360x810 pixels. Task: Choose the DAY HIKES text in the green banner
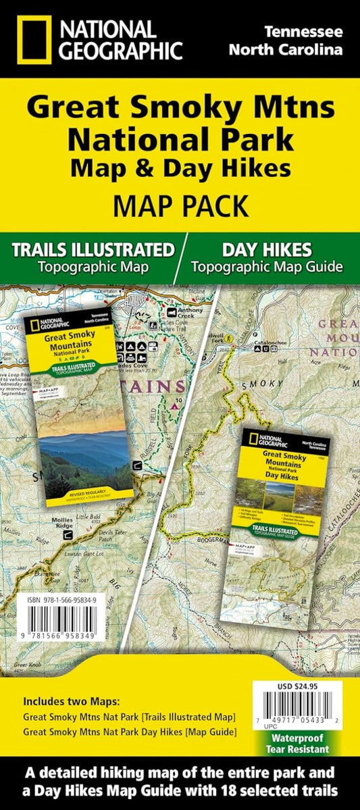point(266,249)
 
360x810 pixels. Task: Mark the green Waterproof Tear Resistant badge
point(303,746)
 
